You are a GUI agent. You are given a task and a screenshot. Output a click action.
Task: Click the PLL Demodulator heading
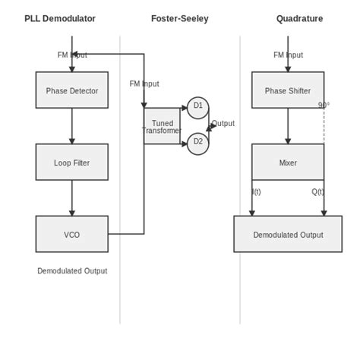(60, 19)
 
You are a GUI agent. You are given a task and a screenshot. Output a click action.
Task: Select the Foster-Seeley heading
(180, 19)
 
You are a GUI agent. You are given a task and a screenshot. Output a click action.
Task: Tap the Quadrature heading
(299, 19)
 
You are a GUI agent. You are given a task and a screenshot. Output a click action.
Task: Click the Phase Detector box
(72, 90)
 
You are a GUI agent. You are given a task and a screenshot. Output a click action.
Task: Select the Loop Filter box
(72, 163)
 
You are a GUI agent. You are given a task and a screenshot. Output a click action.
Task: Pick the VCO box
(72, 234)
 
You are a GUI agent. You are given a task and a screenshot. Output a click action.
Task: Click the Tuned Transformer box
(162, 126)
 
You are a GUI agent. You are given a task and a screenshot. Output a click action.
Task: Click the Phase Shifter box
(288, 90)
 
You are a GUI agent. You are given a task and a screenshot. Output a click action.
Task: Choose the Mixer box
(288, 163)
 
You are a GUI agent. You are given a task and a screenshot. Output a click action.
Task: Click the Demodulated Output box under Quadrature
(288, 235)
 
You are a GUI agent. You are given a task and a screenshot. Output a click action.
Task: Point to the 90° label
(324, 106)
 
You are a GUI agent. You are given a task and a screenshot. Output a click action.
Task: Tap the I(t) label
(256, 192)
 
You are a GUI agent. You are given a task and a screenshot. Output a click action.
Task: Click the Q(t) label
(317, 192)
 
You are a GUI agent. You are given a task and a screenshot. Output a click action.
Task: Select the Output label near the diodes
(223, 123)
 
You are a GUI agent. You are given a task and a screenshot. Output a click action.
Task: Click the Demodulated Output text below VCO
(72, 271)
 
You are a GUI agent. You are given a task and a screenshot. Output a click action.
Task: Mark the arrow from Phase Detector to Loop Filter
(72, 126)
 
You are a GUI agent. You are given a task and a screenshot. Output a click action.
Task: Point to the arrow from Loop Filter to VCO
(72, 198)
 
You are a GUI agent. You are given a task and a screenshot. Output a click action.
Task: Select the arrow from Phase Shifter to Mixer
(288, 126)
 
